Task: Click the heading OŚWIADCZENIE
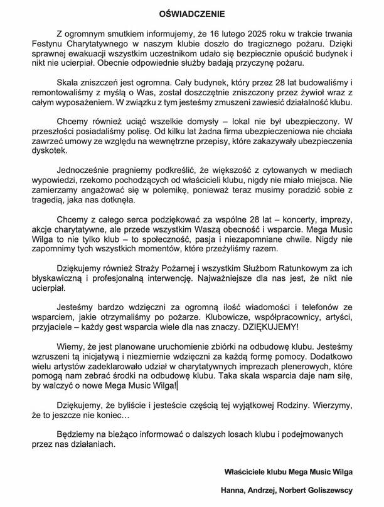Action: (192, 12)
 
